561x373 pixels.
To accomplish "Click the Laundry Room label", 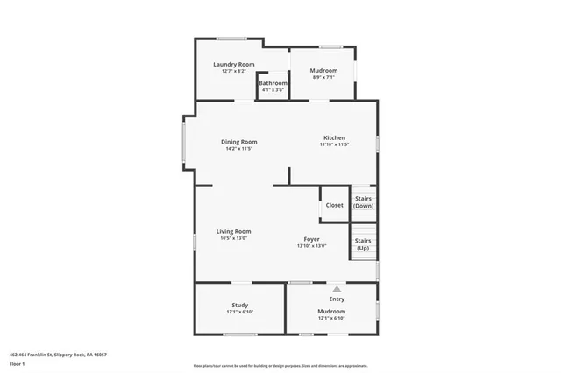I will pos(234,64).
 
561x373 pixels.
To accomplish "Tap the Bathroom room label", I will pos(273,83).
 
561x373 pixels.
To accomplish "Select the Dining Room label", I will pos(238,142).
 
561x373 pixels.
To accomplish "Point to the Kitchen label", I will pos(335,137).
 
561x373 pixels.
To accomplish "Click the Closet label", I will pos(335,205).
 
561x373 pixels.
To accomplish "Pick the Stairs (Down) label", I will pos(364,202).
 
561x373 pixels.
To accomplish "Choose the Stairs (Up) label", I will pos(364,243).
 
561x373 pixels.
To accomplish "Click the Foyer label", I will pos(312,239).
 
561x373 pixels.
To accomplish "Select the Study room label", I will pos(240,305).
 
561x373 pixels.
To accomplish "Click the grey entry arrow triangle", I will pos(336,288).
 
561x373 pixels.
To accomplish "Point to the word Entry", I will pos(337,299).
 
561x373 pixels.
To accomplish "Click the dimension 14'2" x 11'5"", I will pos(238,149).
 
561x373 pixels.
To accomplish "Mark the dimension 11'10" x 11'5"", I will pos(335,144).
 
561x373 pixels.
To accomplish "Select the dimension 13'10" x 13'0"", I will pos(312,246).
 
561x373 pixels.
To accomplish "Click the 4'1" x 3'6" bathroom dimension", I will pos(273,90).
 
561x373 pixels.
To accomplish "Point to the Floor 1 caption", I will pos(18,363).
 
